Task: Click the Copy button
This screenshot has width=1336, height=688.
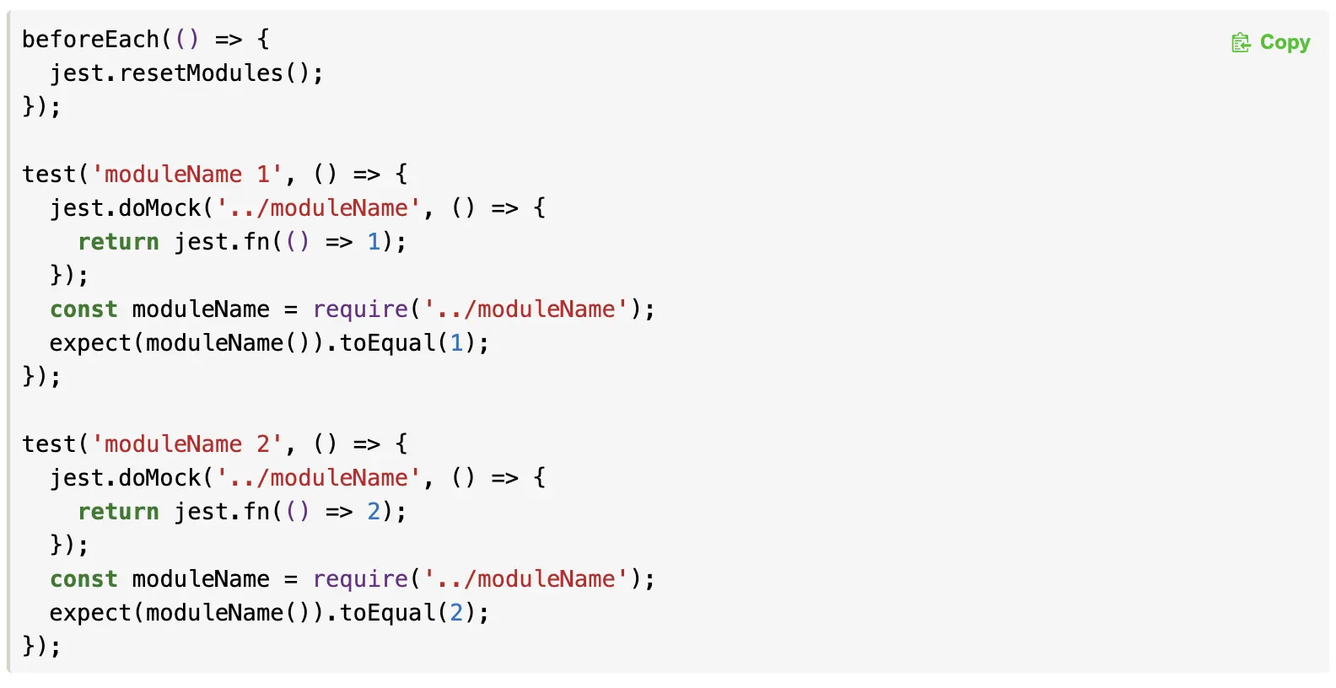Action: tap(1284, 42)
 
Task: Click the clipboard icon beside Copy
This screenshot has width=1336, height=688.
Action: tap(1241, 42)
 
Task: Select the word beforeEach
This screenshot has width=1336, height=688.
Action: tap(90, 39)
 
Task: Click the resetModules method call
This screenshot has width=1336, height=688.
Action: tap(201, 73)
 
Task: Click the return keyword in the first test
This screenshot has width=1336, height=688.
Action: tap(118, 242)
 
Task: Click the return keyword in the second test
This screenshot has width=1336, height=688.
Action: tap(118, 512)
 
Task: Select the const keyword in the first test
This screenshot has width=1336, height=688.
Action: tap(83, 309)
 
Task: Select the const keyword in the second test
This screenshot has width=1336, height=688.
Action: tap(83, 579)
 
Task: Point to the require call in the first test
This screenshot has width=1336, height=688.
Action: tap(360, 309)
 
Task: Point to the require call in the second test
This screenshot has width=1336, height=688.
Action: tap(360, 579)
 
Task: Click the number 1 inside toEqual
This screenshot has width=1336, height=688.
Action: tap(457, 343)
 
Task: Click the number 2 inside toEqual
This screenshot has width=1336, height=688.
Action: tap(457, 613)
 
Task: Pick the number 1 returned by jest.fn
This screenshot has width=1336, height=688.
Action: tap(374, 242)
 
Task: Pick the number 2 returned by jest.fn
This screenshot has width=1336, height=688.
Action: tap(374, 512)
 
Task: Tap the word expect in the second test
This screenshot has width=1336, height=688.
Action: tap(90, 613)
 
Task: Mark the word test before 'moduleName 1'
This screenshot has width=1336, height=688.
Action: tap(49, 175)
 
